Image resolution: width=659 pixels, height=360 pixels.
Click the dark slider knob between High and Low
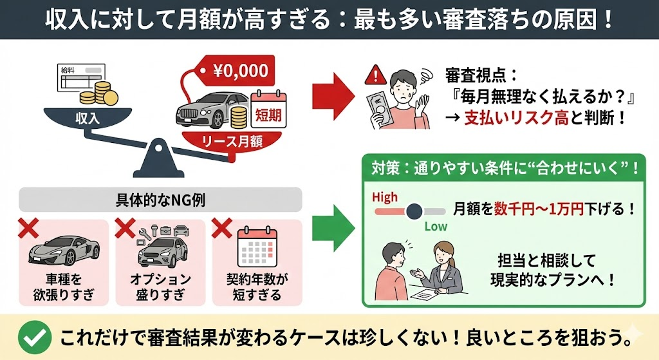(414, 211)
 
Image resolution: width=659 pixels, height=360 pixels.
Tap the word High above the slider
(385, 196)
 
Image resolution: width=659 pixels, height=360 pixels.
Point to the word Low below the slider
(436, 226)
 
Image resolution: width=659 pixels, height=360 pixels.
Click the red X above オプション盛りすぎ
(124, 227)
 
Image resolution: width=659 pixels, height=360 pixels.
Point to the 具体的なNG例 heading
(160, 200)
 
